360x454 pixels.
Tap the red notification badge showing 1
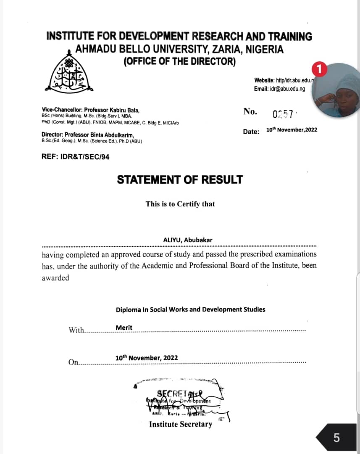tap(320, 69)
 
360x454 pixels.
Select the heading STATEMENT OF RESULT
tap(180, 179)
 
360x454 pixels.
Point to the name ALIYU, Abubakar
tap(187, 240)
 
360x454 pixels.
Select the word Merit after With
tap(124, 327)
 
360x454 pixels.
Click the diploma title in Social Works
tap(190, 309)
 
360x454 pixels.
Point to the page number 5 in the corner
tap(336, 438)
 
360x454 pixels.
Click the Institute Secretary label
tap(181, 424)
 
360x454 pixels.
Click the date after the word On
tap(146, 358)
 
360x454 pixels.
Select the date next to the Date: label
tap(292, 130)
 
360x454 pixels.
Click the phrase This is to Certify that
tap(180, 204)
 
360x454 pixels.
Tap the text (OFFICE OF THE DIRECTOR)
tap(179, 61)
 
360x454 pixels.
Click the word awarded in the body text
tap(55, 278)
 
